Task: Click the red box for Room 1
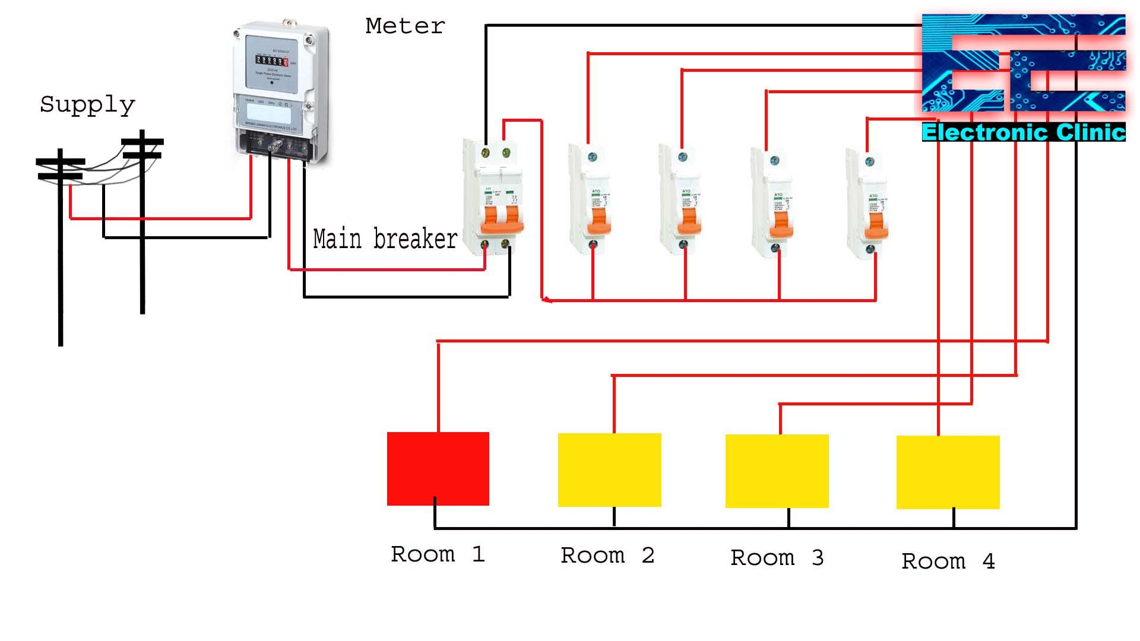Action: click(x=438, y=468)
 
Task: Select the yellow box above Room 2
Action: click(x=609, y=469)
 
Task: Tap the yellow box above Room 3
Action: click(x=777, y=471)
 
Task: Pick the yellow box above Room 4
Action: click(x=948, y=472)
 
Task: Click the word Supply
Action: click(x=87, y=105)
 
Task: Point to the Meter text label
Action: click(x=405, y=26)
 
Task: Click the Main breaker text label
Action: click(x=385, y=239)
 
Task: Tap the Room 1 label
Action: click(x=438, y=554)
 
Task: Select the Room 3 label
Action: click(x=777, y=558)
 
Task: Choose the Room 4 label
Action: click(x=948, y=561)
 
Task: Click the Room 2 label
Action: click(x=607, y=556)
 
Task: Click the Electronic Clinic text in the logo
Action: click(x=1023, y=132)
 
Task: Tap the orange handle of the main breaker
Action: click(x=502, y=221)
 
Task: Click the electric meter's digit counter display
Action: click(x=272, y=61)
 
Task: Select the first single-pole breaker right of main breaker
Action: click(x=591, y=199)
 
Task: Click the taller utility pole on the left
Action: click(x=60, y=249)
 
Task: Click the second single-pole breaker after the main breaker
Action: click(x=683, y=199)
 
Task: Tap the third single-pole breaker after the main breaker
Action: click(x=775, y=202)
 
